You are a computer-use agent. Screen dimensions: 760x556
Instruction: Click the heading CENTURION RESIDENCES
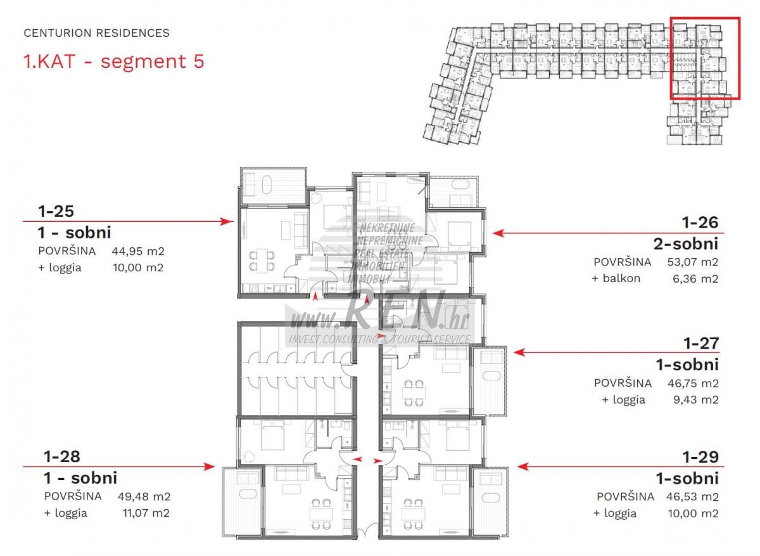[97, 33]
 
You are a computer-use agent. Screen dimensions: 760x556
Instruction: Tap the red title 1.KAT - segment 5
[113, 61]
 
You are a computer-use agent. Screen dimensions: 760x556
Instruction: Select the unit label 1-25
[56, 211]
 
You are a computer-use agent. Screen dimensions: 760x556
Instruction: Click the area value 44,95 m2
[138, 251]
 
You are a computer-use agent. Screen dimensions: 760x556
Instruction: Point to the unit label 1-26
[700, 223]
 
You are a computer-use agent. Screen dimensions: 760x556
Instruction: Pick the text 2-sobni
[686, 244]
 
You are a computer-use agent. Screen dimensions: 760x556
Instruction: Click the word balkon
[621, 278]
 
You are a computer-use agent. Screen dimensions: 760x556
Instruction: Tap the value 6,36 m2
[695, 279]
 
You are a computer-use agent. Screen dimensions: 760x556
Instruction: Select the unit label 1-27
[701, 344]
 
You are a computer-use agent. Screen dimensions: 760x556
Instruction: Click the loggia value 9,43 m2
[696, 400]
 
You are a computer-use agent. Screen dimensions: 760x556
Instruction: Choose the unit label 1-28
[62, 456]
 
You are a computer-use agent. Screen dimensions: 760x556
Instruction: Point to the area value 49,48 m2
[144, 496]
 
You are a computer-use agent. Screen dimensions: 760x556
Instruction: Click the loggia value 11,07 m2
[146, 513]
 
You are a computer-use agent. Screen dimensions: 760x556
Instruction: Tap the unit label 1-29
[701, 457]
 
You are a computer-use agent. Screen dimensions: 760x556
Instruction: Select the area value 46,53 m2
[692, 497]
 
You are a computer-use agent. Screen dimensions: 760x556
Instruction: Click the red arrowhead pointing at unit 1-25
[227, 221]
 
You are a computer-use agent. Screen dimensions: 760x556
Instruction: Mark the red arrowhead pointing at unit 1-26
[500, 233]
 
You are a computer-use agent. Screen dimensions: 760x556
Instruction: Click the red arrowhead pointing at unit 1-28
[208, 467]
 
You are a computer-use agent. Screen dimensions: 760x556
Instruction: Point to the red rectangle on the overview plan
[671, 58]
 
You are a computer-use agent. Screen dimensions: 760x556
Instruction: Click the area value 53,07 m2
[693, 262]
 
